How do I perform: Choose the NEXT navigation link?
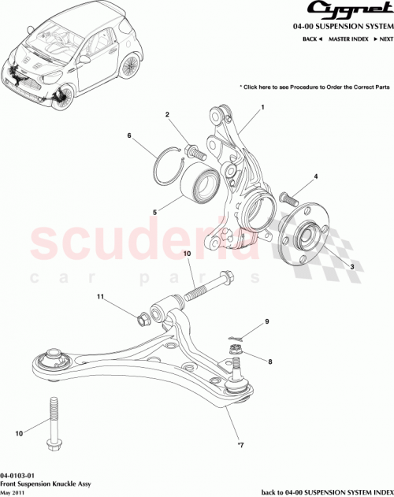coord(382,39)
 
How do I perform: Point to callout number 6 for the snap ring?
coord(129,136)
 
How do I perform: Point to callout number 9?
coord(266,321)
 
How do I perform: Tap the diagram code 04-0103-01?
coord(17,476)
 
